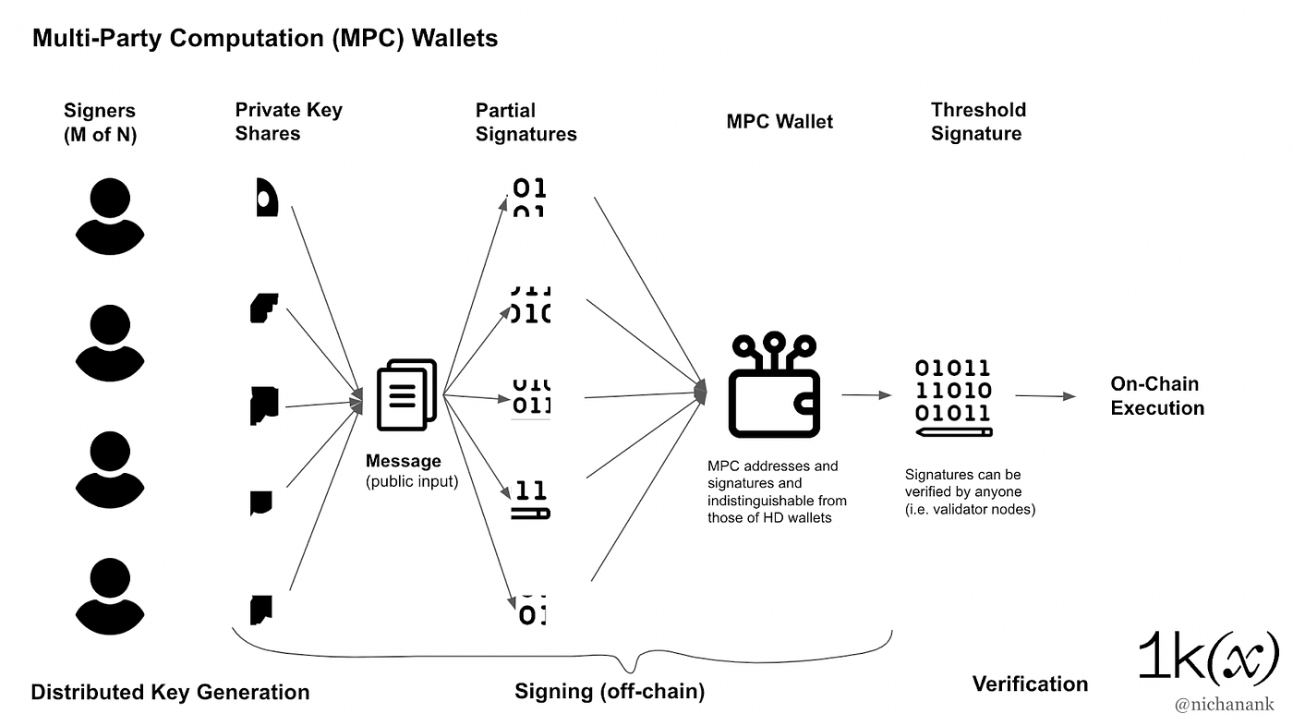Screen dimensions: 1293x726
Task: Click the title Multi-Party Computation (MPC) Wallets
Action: pyautogui.click(x=265, y=38)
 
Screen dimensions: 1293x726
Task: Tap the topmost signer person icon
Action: pyautogui.click(x=110, y=216)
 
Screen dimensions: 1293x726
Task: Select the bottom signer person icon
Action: pyautogui.click(x=110, y=596)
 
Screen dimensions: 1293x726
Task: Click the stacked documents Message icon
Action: pyautogui.click(x=406, y=394)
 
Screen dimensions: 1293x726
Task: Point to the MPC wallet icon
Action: pyautogui.click(x=774, y=384)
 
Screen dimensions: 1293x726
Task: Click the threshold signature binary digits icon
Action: pyautogui.click(x=953, y=397)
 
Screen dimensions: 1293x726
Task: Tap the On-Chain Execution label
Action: pyautogui.click(x=1156, y=396)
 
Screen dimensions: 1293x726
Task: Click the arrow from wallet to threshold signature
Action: pyautogui.click(x=866, y=394)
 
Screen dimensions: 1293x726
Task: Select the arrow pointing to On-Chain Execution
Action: pyautogui.click(x=1045, y=396)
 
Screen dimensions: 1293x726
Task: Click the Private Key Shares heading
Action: pyautogui.click(x=288, y=121)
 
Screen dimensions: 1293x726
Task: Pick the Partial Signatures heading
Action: pyautogui.click(x=526, y=122)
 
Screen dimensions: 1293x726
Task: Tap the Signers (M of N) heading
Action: pyautogui.click(x=100, y=122)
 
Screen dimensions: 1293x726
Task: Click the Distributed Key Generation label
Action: pyautogui.click(x=170, y=692)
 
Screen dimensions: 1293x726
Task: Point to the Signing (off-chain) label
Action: pyautogui.click(x=610, y=691)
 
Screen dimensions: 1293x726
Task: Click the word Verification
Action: pyautogui.click(x=1031, y=684)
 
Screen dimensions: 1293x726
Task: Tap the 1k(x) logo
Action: pyautogui.click(x=1208, y=657)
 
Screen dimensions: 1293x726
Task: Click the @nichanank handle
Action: pyautogui.click(x=1225, y=704)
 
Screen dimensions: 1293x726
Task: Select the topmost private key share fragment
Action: pyautogui.click(x=267, y=198)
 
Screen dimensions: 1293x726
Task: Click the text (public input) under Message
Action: pyautogui.click(x=412, y=481)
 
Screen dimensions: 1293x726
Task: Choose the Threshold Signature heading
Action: pyautogui.click(x=978, y=121)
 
